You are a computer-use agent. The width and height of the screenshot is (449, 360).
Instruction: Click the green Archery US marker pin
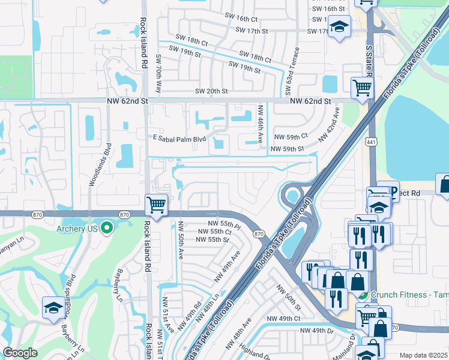tap(106, 227)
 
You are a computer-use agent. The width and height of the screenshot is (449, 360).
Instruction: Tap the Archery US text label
tap(77, 228)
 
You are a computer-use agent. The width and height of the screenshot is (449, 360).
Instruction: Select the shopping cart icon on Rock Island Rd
tap(157, 205)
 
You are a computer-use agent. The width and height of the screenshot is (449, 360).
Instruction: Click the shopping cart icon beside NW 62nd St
tap(362, 88)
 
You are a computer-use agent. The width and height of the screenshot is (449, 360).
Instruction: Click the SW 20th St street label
tap(211, 91)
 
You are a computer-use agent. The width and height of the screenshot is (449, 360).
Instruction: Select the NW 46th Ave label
tap(261, 124)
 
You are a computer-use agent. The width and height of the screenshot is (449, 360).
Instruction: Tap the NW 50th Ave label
tap(179, 240)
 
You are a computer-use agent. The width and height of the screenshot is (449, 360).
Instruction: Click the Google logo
tap(20, 353)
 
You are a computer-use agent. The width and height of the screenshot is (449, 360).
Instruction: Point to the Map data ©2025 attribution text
tap(424, 355)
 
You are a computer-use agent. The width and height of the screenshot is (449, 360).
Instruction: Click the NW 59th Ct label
tap(291, 137)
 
